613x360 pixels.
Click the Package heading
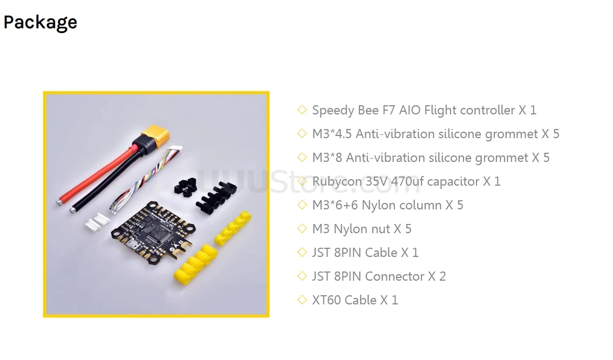pos(40,22)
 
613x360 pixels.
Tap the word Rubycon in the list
pos(337,181)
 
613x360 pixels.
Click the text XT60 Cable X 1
pos(355,300)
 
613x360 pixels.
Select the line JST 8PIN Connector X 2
pos(378,276)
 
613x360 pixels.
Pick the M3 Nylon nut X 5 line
pos(362,229)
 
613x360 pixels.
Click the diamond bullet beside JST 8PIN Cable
pos(302,253)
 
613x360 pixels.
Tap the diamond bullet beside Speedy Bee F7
pos(302,110)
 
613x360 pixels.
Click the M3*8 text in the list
pos(327,158)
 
